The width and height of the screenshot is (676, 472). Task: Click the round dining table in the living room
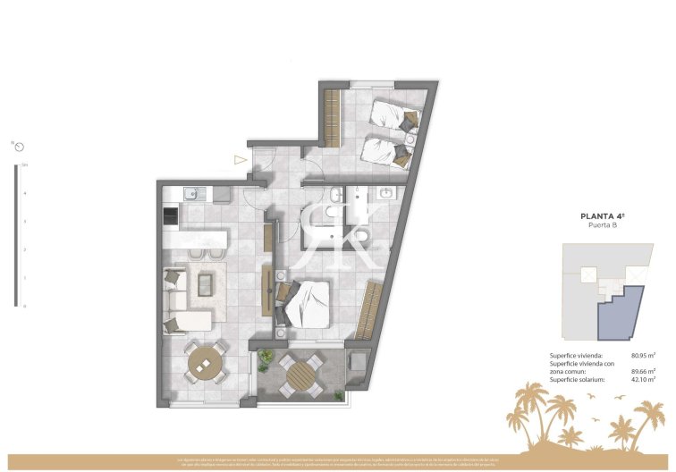coord(204,363)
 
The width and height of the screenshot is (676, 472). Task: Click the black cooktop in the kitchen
coord(170,216)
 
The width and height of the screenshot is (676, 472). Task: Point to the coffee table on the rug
coord(205,284)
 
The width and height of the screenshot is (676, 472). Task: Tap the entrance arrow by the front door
coord(240,160)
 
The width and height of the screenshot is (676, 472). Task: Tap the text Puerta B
coord(602,226)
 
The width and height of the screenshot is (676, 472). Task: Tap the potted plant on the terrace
coord(266,360)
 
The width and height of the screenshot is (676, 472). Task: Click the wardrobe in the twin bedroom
coord(333,117)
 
